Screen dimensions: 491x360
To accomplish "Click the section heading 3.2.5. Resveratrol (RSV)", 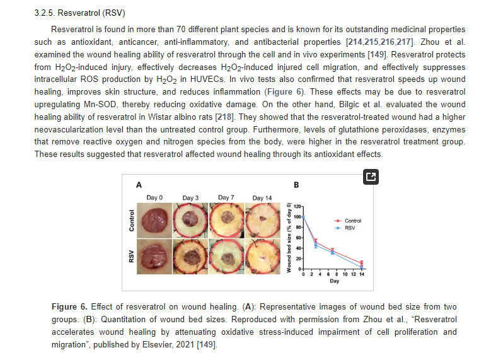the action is click(79, 13).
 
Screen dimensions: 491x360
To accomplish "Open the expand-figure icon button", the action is click(371, 177).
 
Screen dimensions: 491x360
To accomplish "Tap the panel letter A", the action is click(139, 185).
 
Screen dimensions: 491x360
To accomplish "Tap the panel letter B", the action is click(296, 185).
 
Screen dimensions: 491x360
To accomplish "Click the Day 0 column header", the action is click(154, 197).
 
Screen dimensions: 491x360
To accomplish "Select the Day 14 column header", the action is click(262, 198).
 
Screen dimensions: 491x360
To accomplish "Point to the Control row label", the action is click(132, 221).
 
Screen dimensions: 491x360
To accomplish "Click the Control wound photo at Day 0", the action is click(154, 221).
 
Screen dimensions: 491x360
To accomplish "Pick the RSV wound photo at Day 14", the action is click(263, 257).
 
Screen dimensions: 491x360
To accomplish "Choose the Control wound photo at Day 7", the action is click(226, 221).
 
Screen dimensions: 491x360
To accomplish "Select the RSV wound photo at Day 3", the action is click(190, 257).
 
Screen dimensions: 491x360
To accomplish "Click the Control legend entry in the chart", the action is click(347, 221).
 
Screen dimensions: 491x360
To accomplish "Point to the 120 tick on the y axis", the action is click(297, 206).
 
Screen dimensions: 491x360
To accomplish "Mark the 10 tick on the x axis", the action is click(345, 274).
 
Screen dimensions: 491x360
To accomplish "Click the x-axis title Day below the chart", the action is click(334, 281).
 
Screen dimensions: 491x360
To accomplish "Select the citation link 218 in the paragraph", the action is click(224, 117).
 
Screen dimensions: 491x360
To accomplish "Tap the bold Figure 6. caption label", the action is click(69, 306).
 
